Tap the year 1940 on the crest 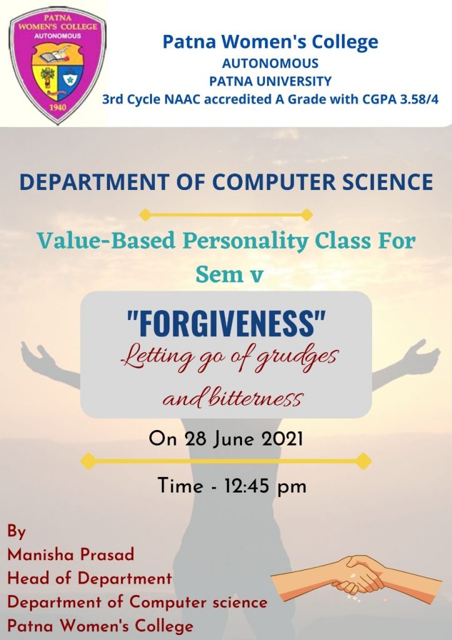point(58,107)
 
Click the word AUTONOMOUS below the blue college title point(270,63)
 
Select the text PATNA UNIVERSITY point(270,81)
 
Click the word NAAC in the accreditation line point(182,99)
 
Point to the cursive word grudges point(297,358)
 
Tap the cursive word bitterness point(255,398)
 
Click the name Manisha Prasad point(71,555)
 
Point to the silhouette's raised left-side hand point(38,356)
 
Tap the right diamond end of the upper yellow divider point(306,215)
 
